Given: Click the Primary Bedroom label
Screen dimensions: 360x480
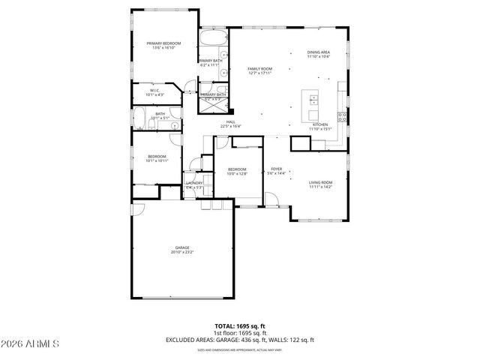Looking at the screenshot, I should (163, 43).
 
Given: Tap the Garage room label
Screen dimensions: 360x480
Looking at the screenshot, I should (182, 247).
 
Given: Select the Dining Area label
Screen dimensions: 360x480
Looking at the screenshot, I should (319, 52).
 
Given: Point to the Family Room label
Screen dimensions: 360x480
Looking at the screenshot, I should (259, 68).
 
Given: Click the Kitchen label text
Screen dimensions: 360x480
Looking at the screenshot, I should (319, 124).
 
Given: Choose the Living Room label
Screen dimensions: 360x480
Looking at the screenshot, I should (321, 182).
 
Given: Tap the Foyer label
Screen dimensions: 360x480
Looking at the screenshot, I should (277, 169).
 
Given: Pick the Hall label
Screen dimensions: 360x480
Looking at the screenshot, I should (231, 121).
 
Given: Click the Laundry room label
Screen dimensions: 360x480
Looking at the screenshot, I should (194, 183).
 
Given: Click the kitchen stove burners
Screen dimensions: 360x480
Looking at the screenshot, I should (342, 115).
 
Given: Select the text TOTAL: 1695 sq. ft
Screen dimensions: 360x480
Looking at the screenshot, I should (240, 326).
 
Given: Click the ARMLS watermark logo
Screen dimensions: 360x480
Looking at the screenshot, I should (30, 343).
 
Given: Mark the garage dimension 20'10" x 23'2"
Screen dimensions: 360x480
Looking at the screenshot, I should (182, 252).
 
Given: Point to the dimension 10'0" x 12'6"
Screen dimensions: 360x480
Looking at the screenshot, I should (237, 174).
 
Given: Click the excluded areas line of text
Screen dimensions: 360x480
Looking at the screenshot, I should (240, 340).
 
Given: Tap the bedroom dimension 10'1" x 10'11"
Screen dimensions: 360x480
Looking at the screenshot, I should (157, 161).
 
